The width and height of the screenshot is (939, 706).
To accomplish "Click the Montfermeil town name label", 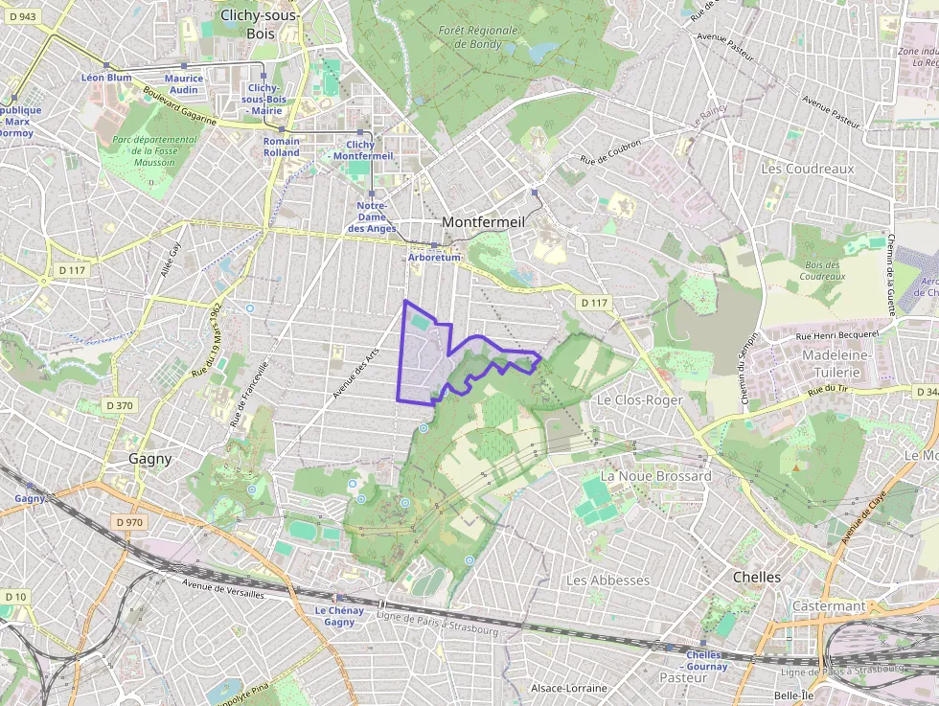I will click(x=484, y=222).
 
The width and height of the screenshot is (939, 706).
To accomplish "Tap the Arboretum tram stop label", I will click(x=435, y=258).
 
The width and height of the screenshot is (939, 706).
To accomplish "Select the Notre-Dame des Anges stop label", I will click(x=372, y=217).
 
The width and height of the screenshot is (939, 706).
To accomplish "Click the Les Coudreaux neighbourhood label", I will click(x=807, y=169).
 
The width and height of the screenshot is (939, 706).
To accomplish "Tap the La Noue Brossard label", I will click(x=655, y=476).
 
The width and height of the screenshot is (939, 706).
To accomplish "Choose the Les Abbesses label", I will click(x=607, y=581).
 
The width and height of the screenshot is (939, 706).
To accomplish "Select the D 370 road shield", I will click(x=119, y=405).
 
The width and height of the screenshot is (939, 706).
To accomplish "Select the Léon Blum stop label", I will click(x=106, y=78).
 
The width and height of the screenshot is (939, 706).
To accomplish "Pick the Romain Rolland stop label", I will click(x=281, y=147).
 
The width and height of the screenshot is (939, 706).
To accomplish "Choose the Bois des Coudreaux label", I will click(x=823, y=270).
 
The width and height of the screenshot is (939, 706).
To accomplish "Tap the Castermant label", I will click(x=829, y=606).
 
